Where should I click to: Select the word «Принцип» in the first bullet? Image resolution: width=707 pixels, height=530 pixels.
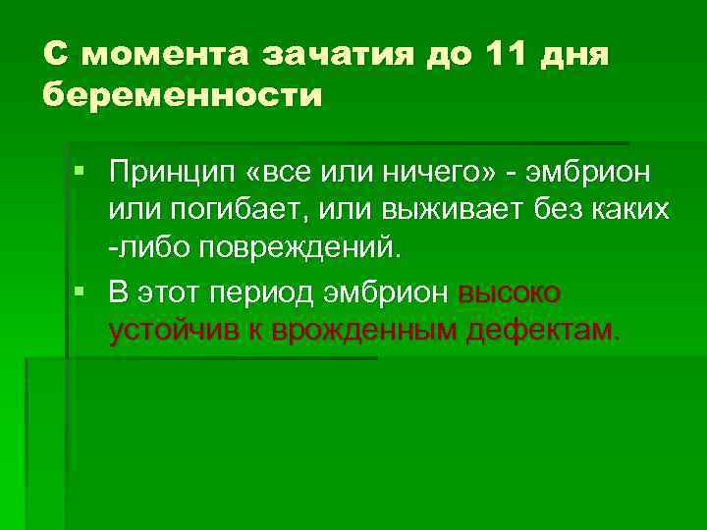(169, 175)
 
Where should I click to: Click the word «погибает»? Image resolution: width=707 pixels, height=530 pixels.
(221, 210)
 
